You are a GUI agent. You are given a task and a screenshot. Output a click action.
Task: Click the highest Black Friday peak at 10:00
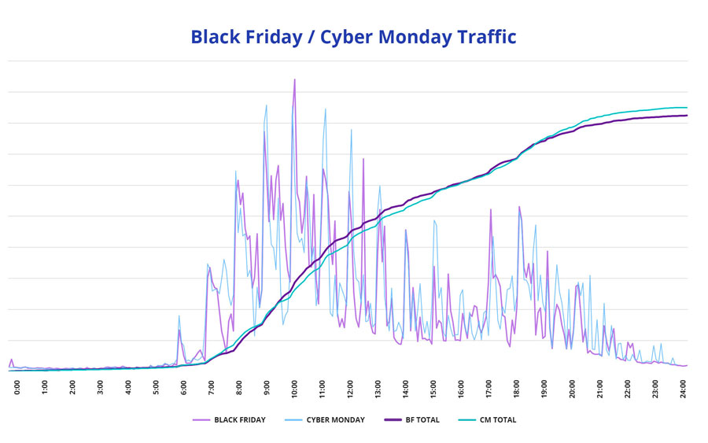[x=294, y=79]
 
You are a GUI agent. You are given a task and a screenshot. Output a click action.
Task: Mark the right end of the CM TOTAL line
[x=687, y=108]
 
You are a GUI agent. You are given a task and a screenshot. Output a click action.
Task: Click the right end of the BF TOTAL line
[x=687, y=116]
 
